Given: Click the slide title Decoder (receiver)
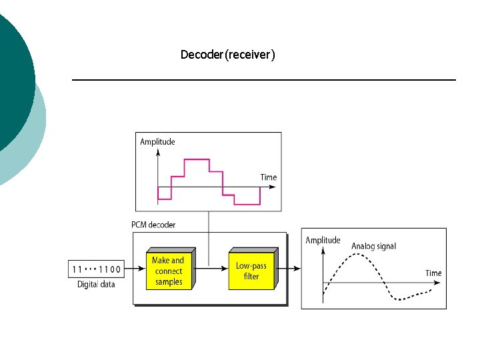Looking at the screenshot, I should (x=227, y=55).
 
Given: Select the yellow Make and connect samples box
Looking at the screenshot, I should (x=168, y=271).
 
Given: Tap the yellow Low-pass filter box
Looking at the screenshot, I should (x=251, y=271).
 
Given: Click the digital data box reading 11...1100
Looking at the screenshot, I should (x=96, y=269).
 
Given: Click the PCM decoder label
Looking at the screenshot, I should (x=153, y=225).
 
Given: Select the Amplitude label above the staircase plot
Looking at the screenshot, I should (x=157, y=141).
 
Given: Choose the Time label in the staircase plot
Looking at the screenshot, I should (x=268, y=177).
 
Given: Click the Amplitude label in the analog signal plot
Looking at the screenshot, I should (x=323, y=240).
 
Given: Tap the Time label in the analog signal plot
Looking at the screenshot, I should (x=433, y=273).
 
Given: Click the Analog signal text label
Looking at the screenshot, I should (x=373, y=246).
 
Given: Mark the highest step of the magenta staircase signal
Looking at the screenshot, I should (x=197, y=159).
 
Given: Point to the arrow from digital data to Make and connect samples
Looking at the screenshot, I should (x=134, y=269).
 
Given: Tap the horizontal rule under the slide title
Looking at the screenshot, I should (x=263, y=80).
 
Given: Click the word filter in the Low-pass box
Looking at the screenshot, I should (x=251, y=276).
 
